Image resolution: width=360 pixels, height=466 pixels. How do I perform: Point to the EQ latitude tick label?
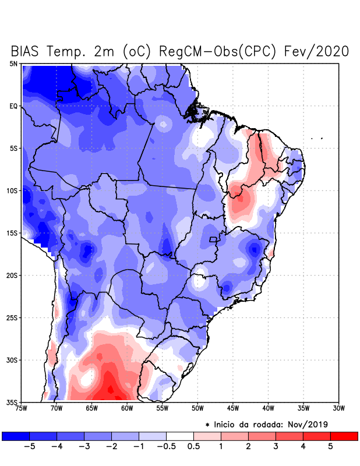pos(13,106)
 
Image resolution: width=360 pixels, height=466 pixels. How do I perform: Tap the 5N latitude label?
pos(13,63)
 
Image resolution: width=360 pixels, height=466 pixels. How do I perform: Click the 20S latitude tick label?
pos(12,275)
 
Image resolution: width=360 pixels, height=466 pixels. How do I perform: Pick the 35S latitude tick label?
pos(12,402)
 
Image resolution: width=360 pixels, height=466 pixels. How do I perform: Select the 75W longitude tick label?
pos(22,408)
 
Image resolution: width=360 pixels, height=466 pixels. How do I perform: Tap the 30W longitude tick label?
pos(338,408)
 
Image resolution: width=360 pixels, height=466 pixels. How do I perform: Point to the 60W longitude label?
pos(126,408)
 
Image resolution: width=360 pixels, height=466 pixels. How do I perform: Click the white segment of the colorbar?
pos(180,436)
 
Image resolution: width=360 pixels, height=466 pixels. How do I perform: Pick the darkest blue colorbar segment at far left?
pos(16,436)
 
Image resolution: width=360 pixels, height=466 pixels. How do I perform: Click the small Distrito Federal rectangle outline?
pos(213,239)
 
